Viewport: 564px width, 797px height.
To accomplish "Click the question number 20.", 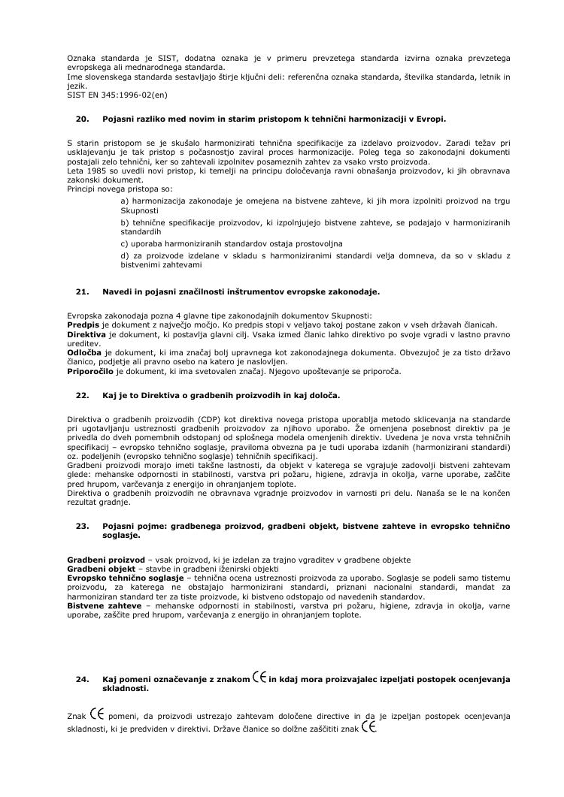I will pyautogui.click(x=83, y=119).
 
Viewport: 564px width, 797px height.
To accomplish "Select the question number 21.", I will pyautogui.click(x=83, y=291).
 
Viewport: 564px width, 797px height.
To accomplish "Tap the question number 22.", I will pyautogui.click(x=83, y=394).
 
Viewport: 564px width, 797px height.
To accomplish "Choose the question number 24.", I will pyautogui.click(x=83, y=680).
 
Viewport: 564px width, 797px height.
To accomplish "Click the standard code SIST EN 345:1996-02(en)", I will pyautogui.click(x=117, y=95).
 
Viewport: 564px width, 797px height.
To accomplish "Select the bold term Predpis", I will pyautogui.click(x=83, y=324).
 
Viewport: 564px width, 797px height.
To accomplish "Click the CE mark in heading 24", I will pyautogui.click(x=260, y=677).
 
